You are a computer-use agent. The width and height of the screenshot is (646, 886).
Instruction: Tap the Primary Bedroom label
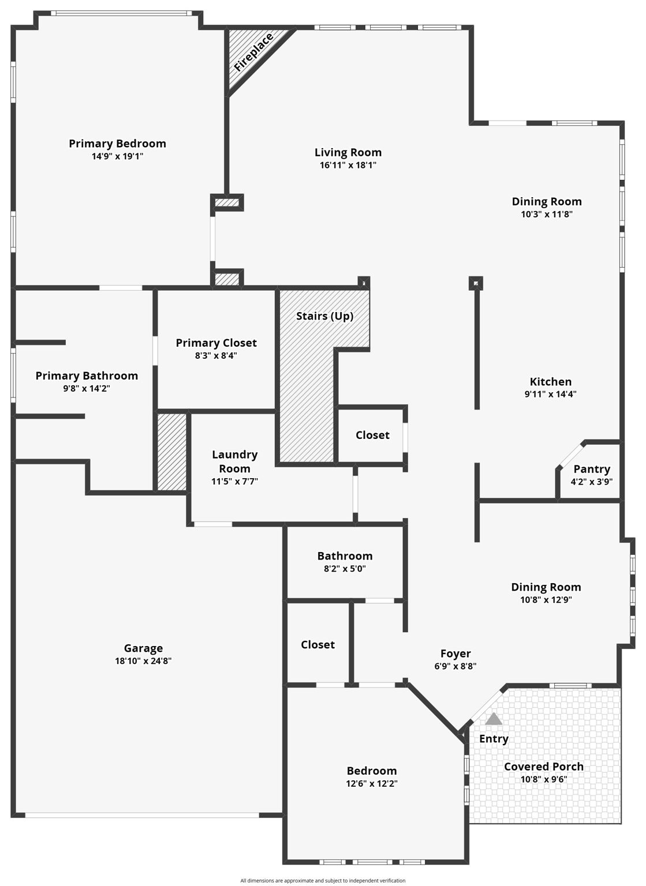pos(117,144)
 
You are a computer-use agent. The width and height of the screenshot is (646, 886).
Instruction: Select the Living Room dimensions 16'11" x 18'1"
pos(348,165)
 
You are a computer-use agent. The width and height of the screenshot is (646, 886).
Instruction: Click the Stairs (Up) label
pos(324,316)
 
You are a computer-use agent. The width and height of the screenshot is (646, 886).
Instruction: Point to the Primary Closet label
pos(216,343)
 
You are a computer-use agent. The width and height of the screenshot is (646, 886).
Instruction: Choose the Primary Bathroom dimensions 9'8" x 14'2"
pos(87,389)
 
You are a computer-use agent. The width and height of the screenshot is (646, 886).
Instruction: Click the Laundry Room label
pos(234,461)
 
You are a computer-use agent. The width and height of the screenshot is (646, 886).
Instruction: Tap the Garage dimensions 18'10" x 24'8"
pos(143,661)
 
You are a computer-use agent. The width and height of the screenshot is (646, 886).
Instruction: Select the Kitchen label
pos(551,382)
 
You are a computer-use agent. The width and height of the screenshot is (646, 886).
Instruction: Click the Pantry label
pos(591,470)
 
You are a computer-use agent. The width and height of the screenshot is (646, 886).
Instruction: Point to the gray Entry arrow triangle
pos(494,719)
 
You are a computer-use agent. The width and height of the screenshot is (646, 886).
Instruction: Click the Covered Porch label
pos(543,767)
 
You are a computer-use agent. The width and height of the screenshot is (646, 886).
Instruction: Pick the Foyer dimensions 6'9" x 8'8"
pos(455,666)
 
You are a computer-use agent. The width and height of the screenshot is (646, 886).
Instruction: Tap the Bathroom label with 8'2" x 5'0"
pos(345,556)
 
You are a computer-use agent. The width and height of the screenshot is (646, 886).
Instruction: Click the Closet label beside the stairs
pos(372,436)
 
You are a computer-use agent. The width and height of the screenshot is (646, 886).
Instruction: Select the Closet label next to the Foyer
pos(318,645)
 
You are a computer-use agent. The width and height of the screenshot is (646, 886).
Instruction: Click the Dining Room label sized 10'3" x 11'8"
pos(547,202)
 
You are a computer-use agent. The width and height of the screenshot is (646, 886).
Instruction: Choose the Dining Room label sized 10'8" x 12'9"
pos(546,587)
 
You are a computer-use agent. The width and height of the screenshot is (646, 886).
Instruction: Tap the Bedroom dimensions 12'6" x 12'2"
pos(372,783)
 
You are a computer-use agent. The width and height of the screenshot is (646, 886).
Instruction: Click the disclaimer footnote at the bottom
pos(323,881)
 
